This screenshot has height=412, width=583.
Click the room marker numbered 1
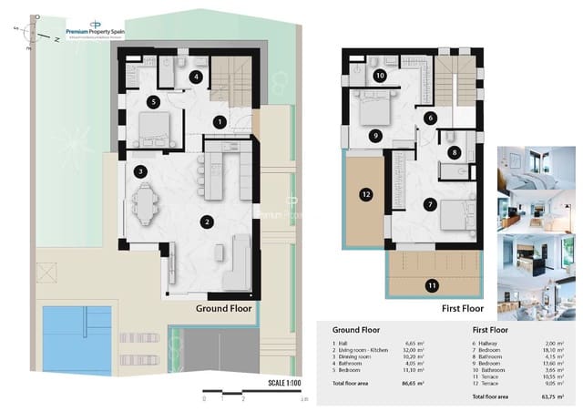click(219, 121)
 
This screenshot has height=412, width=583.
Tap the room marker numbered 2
click(208, 221)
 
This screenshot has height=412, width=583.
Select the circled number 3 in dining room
click(140, 170)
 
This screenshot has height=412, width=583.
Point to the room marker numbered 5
click(155, 101)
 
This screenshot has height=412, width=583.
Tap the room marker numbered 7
click(430, 204)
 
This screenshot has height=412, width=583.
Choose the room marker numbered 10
click(379, 77)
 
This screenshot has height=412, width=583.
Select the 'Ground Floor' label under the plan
click(223, 309)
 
